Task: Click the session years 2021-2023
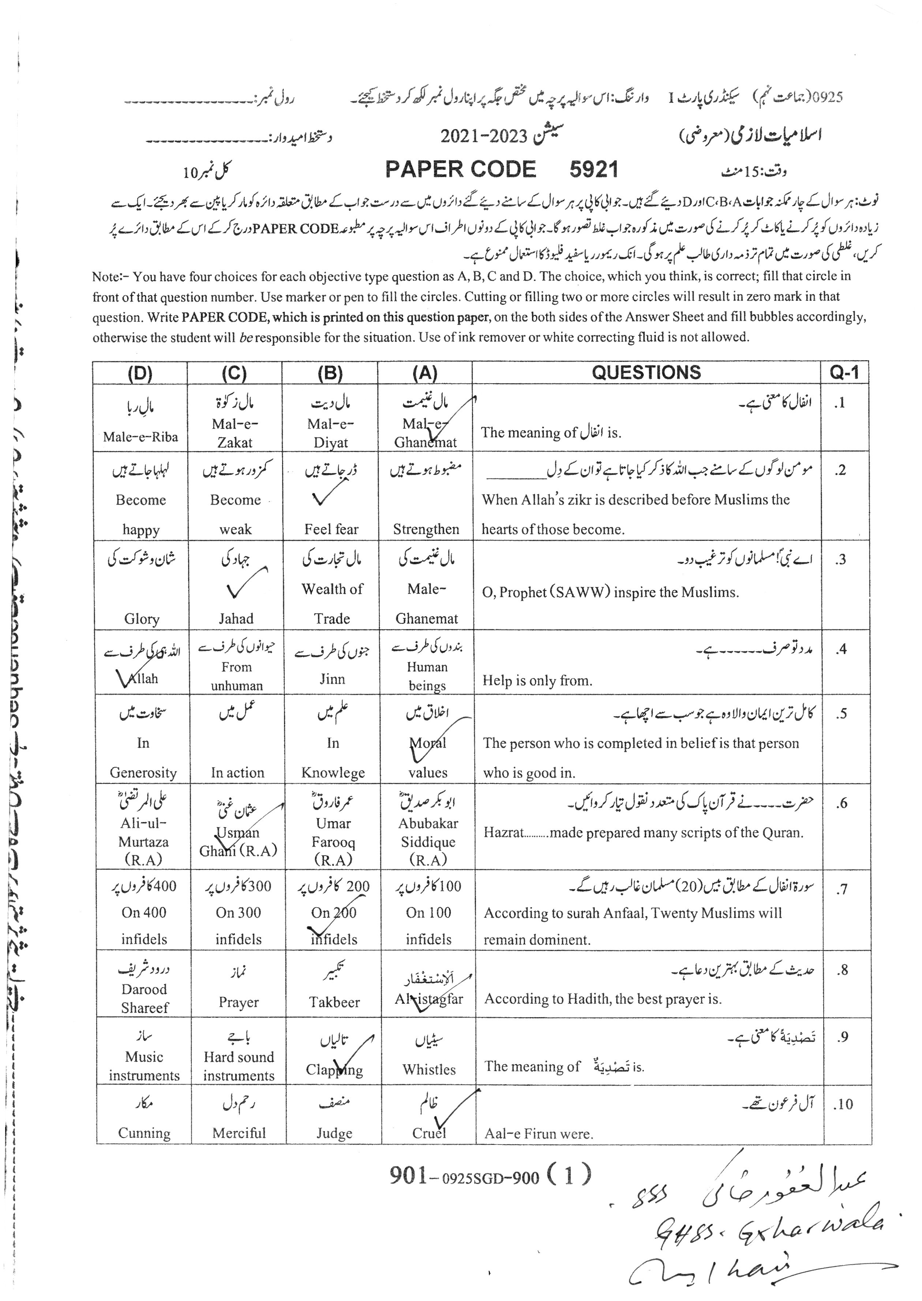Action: pos(484,136)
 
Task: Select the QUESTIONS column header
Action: pos(646,372)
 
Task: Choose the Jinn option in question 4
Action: pos(332,679)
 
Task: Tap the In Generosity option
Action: pos(143,757)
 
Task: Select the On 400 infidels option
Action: pos(144,925)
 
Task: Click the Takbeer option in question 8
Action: pos(334,1002)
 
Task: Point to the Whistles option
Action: pos(429,1070)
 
